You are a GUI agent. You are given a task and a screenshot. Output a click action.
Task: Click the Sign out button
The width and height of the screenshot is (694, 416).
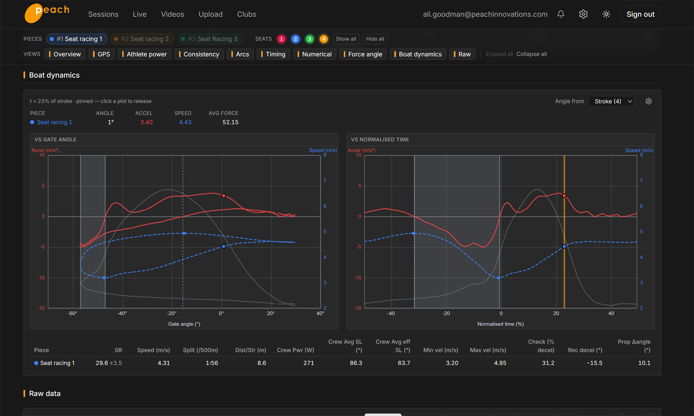[x=640, y=14]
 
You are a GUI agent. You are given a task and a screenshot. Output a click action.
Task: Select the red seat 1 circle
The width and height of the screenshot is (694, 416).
[x=281, y=39]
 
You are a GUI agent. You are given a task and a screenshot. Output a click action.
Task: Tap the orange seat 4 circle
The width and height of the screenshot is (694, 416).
[x=324, y=39]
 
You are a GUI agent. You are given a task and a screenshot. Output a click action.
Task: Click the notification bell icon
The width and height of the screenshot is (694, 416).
[x=561, y=14]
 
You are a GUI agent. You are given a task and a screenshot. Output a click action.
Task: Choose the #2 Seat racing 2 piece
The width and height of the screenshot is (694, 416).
[x=142, y=39]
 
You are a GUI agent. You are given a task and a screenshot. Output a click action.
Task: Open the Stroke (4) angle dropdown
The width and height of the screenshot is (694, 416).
[x=611, y=101]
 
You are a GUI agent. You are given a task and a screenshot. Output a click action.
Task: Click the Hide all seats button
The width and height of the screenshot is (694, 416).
[x=375, y=39]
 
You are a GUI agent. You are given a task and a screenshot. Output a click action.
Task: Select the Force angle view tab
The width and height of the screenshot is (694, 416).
[x=363, y=54]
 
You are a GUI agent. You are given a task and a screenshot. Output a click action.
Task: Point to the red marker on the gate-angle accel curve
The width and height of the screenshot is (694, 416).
[x=224, y=196]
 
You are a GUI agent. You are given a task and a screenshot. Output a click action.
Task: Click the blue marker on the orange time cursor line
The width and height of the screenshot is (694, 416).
[x=564, y=247]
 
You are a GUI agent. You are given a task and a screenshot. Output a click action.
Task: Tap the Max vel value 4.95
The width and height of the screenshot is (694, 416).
[x=500, y=363]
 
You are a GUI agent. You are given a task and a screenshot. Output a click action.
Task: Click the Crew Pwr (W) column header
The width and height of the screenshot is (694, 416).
[x=295, y=350]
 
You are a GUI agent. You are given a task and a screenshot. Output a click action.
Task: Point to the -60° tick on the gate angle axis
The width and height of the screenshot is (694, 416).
[x=73, y=313]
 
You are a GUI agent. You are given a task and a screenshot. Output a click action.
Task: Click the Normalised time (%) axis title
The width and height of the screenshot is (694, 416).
[x=500, y=324]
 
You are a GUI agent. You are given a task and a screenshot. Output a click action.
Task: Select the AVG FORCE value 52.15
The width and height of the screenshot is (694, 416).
[x=230, y=122]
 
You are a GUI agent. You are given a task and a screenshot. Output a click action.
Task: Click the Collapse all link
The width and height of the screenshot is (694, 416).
[x=531, y=54]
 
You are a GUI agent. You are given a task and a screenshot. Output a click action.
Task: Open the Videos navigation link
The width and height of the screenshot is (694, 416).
[x=172, y=14]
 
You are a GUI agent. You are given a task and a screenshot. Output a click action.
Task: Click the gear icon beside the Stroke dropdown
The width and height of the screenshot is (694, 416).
[x=648, y=101]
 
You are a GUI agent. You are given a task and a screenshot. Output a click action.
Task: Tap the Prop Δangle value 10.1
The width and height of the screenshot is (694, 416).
[x=644, y=363]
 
